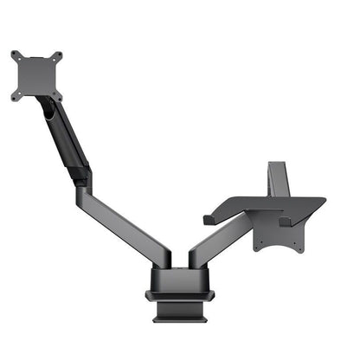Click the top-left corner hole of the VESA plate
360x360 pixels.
(15, 55)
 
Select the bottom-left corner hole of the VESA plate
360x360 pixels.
(15, 97)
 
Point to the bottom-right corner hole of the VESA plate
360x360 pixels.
(59, 96)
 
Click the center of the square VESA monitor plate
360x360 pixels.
(37, 76)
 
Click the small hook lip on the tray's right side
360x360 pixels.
(286, 222)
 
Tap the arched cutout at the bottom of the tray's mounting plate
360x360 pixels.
(280, 247)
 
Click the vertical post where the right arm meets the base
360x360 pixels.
(196, 260)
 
